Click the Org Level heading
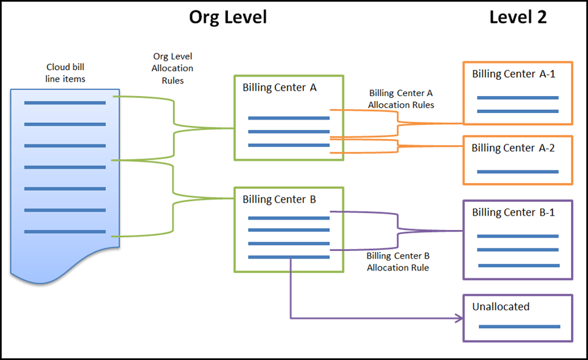click(x=228, y=17)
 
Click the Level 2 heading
click(x=517, y=17)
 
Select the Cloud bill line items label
click(x=65, y=73)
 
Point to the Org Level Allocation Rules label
click(x=172, y=68)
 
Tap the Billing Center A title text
click(x=280, y=87)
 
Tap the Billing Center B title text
click(x=280, y=199)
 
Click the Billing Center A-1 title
click(x=514, y=74)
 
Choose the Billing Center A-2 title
click(x=514, y=148)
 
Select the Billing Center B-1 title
click(x=514, y=212)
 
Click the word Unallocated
click(x=500, y=306)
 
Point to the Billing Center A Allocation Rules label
click(x=400, y=99)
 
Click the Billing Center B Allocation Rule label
click(x=398, y=262)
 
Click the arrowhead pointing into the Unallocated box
click(x=458, y=319)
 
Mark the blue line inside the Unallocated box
click(x=519, y=326)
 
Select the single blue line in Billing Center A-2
click(x=517, y=172)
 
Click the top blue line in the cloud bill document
click(x=65, y=103)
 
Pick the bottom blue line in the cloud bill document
click(x=65, y=231)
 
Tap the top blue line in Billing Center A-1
click(x=517, y=97)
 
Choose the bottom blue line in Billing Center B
click(x=289, y=257)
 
